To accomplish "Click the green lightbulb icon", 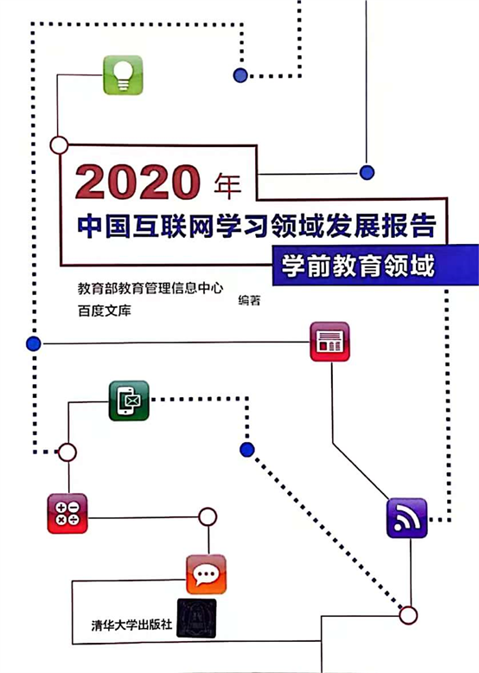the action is click(x=123, y=75).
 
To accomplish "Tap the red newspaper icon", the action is click(x=329, y=342).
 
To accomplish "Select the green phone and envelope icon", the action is click(x=129, y=401).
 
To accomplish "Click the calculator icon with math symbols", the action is click(x=67, y=513).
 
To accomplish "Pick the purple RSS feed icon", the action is click(x=407, y=518).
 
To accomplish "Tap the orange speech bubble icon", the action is click(x=207, y=574).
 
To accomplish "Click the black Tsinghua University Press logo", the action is click(x=196, y=619).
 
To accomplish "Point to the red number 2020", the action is click(x=137, y=183).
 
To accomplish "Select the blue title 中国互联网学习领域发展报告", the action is click(x=257, y=226).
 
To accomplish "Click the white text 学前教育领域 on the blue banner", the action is click(x=358, y=266).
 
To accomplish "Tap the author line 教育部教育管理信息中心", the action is click(x=150, y=288).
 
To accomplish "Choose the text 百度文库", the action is click(x=105, y=311).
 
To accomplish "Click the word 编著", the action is click(x=249, y=300).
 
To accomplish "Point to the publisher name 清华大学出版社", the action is click(x=131, y=625).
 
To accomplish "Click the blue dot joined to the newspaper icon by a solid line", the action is click(x=34, y=343).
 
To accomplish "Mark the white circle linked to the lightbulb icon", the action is click(x=59, y=145).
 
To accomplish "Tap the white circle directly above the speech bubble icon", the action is click(x=208, y=517).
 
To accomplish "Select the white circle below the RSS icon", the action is click(x=408, y=615).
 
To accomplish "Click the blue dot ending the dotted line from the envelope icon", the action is click(x=247, y=449).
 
